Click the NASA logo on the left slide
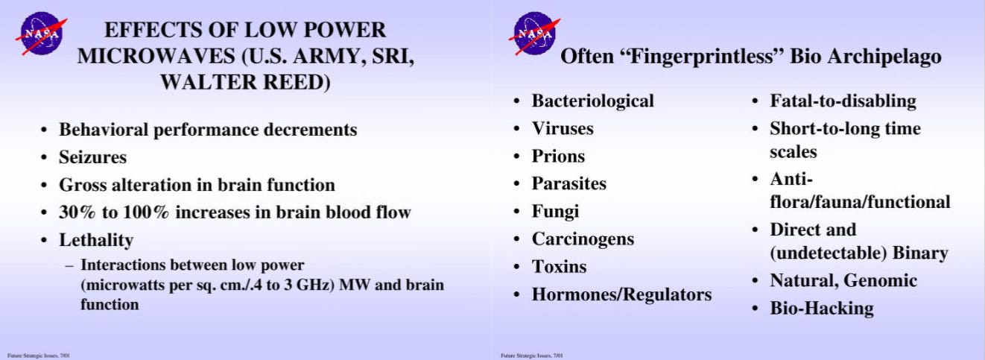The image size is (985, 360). [x=41, y=34]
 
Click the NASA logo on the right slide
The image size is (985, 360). [x=535, y=34]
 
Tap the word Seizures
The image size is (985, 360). [x=93, y=157]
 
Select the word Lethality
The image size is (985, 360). [x=96, y=240]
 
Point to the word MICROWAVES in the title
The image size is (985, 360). [x=156, y=56]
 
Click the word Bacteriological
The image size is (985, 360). [x=593, y=101]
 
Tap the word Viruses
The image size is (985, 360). [x=563, y=128]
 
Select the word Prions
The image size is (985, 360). [x=558, y=157]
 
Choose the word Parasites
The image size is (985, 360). [x=568, y=183]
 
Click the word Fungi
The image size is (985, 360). [x=555, y=212]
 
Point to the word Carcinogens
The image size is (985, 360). [x=583, y=239]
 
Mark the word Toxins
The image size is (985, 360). [x=559, y=267]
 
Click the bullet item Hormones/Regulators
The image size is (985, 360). [x=621, y=295]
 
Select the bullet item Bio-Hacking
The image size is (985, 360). [x=821, y=308]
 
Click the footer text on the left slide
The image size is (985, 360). [x=38, y=356]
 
